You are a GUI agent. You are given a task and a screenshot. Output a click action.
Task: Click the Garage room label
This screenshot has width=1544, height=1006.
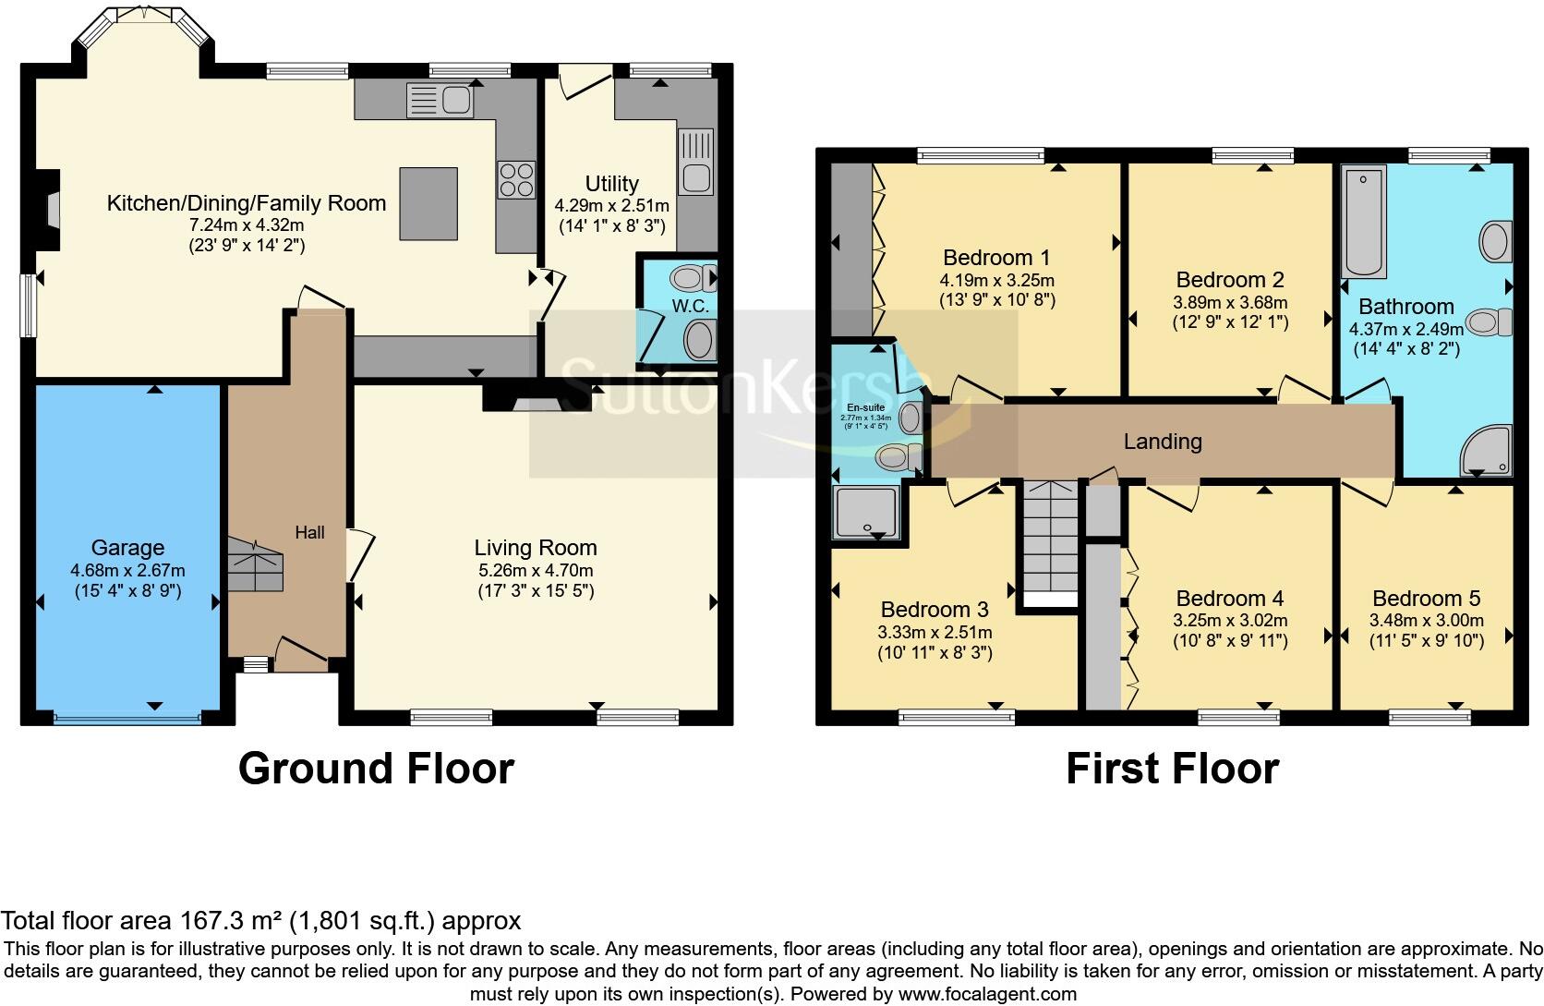tap(127, 548)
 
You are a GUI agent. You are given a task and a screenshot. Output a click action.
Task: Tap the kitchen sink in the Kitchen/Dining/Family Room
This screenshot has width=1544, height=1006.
tap(440, 101)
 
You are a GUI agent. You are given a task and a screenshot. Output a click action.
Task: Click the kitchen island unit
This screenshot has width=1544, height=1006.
tap(428, 203)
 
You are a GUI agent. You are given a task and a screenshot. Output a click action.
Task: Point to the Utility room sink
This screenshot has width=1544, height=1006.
tap(694, 162)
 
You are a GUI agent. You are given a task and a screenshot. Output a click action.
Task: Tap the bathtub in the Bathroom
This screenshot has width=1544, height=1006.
tap(1364, 222)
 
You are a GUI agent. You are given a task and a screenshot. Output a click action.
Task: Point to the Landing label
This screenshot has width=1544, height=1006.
tap(1163, 442)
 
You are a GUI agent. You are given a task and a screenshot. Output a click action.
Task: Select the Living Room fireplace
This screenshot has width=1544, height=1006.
tap(537, 398)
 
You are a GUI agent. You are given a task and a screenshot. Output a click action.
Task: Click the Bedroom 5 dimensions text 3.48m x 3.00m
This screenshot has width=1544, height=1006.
tap(1427, 621)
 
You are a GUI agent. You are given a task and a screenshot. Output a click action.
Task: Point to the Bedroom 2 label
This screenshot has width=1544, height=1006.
tap(1230, 280)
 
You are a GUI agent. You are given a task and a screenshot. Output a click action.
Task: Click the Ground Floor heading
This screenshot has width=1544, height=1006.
tap(376, 769)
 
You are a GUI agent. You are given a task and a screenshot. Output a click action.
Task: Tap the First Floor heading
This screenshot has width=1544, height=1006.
tap(1172, 769)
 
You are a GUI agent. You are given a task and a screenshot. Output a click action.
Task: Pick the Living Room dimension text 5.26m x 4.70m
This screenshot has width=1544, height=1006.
tap(536, 570)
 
